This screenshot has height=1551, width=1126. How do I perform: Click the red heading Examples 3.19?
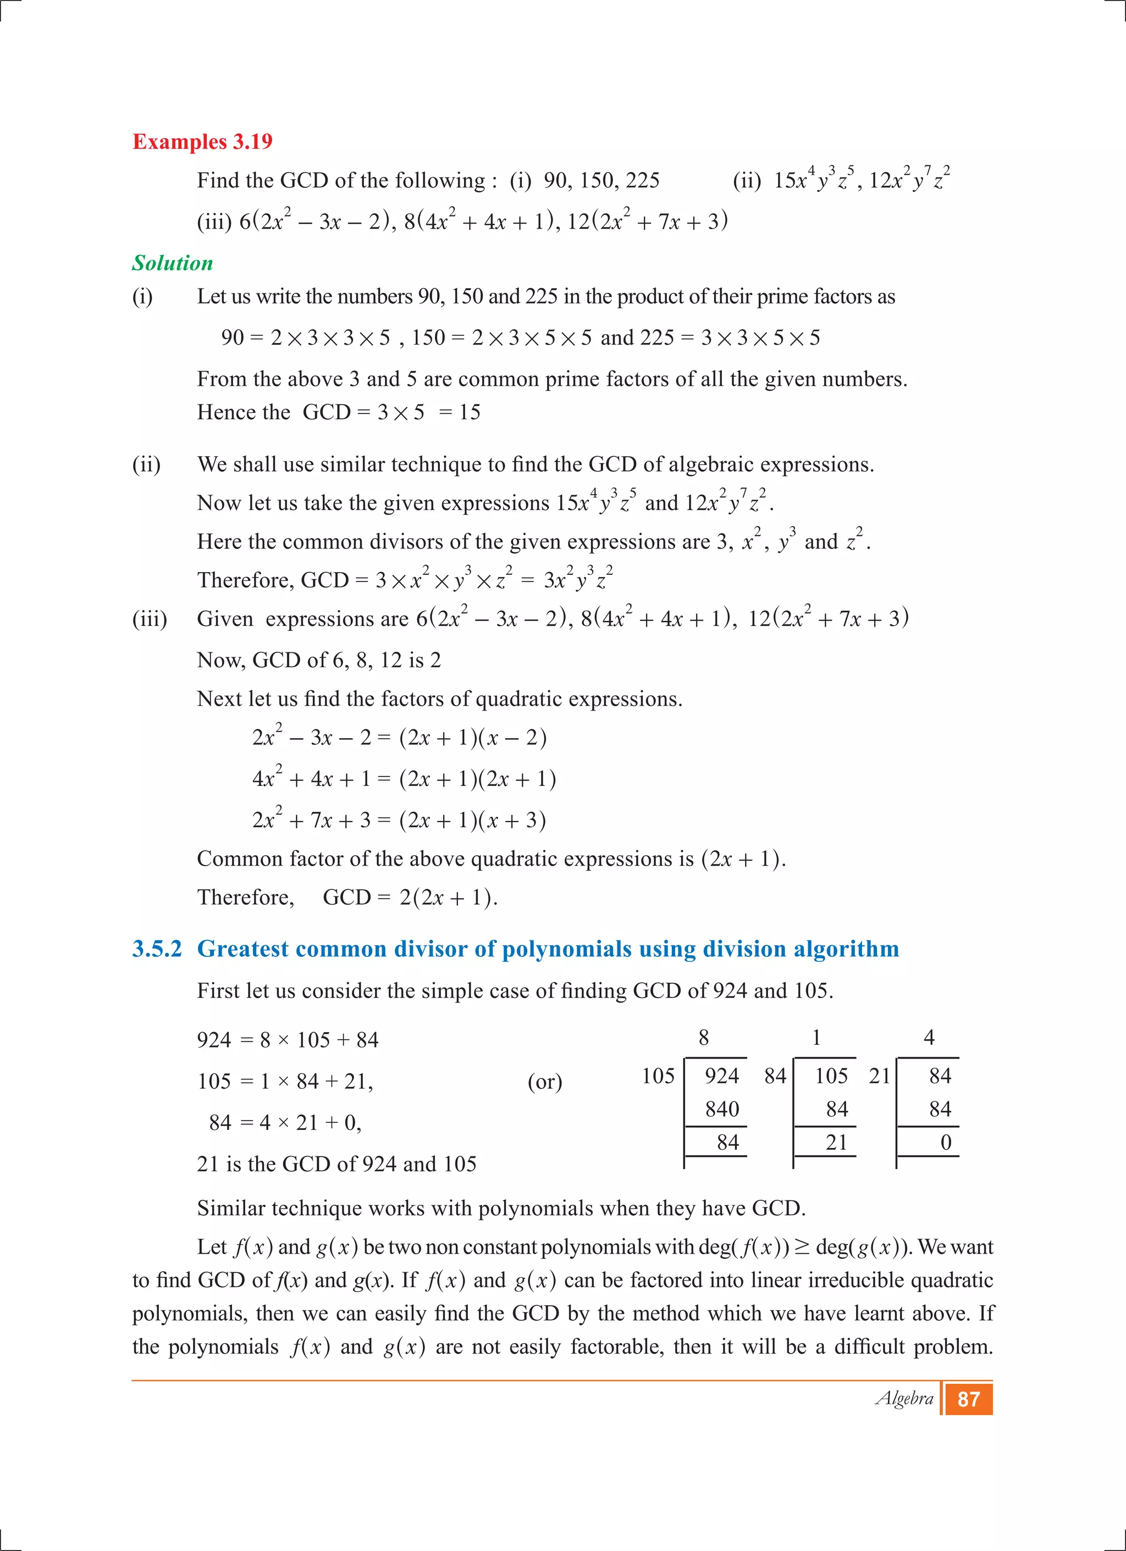coord(202,142)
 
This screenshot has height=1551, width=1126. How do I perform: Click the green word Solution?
coord(173,263)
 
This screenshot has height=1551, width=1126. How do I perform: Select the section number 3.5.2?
coord(157,949)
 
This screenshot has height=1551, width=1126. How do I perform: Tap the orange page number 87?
coord(968,1399)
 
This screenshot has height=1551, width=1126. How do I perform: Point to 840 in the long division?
coord(722,1109)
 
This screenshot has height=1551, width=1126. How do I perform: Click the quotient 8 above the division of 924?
coord(703,1038)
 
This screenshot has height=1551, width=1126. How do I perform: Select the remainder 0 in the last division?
coord(946,1143)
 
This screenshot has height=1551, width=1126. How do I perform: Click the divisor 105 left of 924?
coord(658,1076)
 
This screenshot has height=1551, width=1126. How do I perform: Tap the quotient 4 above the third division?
coord(928,1038)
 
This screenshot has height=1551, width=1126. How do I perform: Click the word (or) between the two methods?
coord(544,1082)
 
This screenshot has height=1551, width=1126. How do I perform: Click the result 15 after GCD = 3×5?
coord(470,412)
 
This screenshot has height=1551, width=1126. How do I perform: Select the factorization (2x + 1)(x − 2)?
coord(473,738)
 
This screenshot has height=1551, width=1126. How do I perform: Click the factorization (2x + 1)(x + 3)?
coord(473,820)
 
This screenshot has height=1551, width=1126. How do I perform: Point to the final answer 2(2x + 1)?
coord(448,897)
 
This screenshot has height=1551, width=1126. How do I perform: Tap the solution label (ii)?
coord(146,464)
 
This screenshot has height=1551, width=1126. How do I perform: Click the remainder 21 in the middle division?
coord(836,1143)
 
